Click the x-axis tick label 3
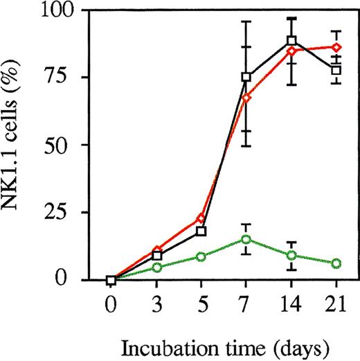(x=156, y=304)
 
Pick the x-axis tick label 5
(x=201, y=304)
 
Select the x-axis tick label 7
(x=246, y=304)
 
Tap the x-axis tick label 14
(x=291, y=304)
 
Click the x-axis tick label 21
(x=336, y=304)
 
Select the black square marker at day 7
(x=246, y=77)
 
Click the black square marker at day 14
(x=291, y=41)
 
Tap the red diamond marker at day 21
(x=336, y=47)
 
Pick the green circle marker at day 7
(x=246, y=239)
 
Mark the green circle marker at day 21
(x=336, y=263)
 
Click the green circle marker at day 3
(x=156, y=267)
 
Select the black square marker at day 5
(x=201, y=231)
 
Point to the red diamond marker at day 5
(x=201, y=218)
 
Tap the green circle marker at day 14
(x=291, y=256)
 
